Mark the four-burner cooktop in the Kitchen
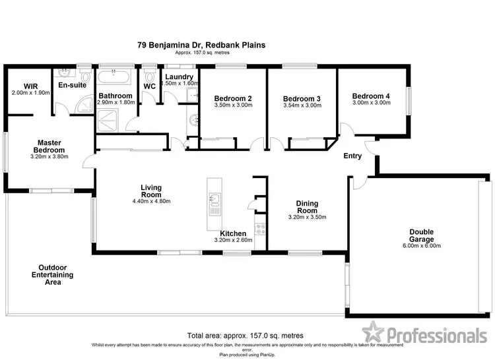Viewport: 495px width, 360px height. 260,230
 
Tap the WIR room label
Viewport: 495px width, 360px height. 30,86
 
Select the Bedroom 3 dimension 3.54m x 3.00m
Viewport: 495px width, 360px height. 302,105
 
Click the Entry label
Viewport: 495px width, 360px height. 353,157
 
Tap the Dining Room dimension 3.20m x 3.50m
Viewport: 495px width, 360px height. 307,217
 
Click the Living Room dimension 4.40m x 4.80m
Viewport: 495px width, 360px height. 151,201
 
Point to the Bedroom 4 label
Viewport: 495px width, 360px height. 370,96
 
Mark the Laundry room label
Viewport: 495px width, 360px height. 180,77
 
